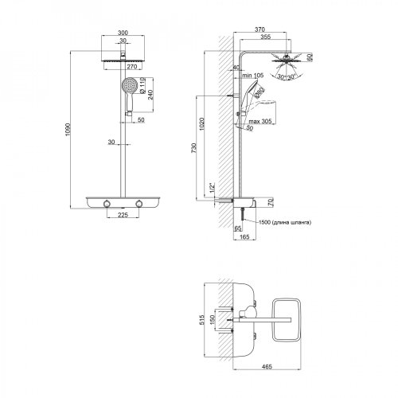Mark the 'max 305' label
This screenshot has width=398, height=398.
click(254, 114)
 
